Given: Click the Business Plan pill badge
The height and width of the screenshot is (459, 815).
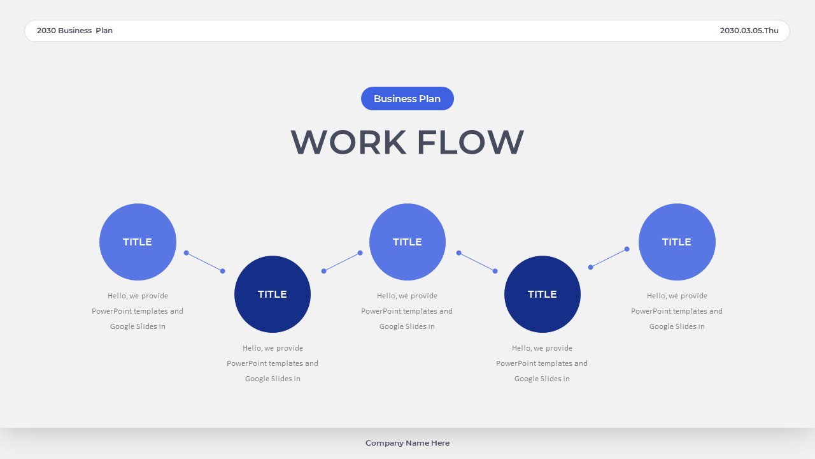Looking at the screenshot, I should click(x=407, y=99).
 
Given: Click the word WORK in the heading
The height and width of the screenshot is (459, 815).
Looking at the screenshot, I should click(x=348, y=142).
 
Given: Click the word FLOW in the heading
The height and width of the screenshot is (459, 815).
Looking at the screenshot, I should click(x=471, y=142).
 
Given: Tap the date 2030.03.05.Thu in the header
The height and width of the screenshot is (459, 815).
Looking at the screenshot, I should click(x=749, y=31).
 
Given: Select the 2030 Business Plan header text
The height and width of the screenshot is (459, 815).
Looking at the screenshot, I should click(x=74, y=31).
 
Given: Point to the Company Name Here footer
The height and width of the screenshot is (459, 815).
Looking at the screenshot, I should click(x=407, y=443).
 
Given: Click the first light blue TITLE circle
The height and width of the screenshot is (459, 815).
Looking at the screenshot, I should click(x=138, y=242).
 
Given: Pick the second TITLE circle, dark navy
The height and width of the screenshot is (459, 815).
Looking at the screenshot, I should click(x=273, y=294).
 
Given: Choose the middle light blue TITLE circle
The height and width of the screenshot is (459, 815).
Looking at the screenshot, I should click(x=407, y=242).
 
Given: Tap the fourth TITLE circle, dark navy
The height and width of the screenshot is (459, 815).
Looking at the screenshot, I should click(x=542, y=294).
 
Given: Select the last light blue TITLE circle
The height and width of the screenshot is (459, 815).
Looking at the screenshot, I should click(x=677, y=242).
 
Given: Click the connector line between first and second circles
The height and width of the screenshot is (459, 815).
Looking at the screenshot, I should click(x=204, y=262).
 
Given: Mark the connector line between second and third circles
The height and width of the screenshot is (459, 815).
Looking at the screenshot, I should click(x=342, y=262).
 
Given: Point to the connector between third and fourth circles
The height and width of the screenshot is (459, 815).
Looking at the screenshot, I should click(x=477, y=262).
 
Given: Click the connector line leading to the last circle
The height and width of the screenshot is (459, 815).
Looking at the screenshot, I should click(x=609, y=258).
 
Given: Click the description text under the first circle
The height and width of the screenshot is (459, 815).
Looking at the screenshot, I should click(x=138, y=311).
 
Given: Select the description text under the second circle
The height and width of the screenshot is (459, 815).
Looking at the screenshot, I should click(x=273, y=363).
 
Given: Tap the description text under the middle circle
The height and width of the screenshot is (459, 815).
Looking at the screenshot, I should click(x=407, y=311).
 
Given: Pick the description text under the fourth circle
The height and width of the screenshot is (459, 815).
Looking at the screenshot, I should click(x=542, y=363).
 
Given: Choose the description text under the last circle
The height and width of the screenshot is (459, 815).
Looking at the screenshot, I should click(x=677, y=311).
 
